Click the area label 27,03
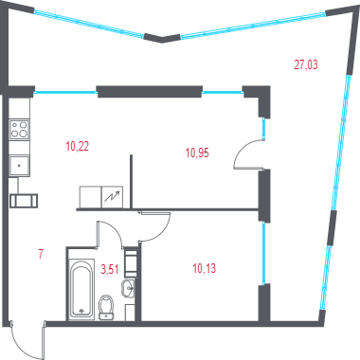306,64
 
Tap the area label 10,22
78,147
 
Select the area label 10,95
197,153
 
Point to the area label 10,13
205,269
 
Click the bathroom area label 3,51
109,270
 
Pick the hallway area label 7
41,254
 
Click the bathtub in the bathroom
81,289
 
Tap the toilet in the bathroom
106,307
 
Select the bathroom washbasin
128,288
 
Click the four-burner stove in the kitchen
19,130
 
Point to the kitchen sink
19,166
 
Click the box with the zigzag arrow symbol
112,197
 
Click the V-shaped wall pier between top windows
162,38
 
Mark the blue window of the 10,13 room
264,253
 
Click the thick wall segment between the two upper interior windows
150,92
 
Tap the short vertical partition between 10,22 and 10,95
131,181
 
